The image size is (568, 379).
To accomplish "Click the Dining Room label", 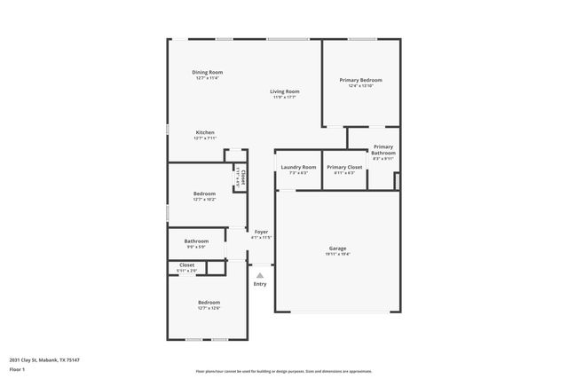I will tap(207, 72).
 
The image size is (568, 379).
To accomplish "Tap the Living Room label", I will tap(285, 91).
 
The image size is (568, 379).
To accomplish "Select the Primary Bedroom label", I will tap(360, 80).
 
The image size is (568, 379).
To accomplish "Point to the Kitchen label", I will tap(205, 132).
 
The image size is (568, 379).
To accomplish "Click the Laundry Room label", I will tap(298, 167).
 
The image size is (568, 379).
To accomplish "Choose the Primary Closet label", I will tap(343, 167).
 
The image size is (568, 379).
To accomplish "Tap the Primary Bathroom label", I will tap(383, 150).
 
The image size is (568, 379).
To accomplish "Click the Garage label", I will tap(337, 248).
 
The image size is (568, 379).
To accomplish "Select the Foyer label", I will tap(261, 232).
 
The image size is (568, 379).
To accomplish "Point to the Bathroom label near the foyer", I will tap(196, 241).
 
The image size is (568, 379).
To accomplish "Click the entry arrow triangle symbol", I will tap(260, 275).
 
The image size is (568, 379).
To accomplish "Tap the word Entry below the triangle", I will tap(260, 284).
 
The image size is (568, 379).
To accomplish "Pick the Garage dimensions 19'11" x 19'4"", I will tap(337, 254).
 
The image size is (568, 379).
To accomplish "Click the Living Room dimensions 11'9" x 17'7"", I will tap(285, 97).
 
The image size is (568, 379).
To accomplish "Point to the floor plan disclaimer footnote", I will tap(284, 371).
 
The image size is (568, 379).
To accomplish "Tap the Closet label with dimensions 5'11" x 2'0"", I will tap(187, 265).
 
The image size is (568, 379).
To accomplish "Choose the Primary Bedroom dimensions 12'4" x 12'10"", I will tap(360, 85).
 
